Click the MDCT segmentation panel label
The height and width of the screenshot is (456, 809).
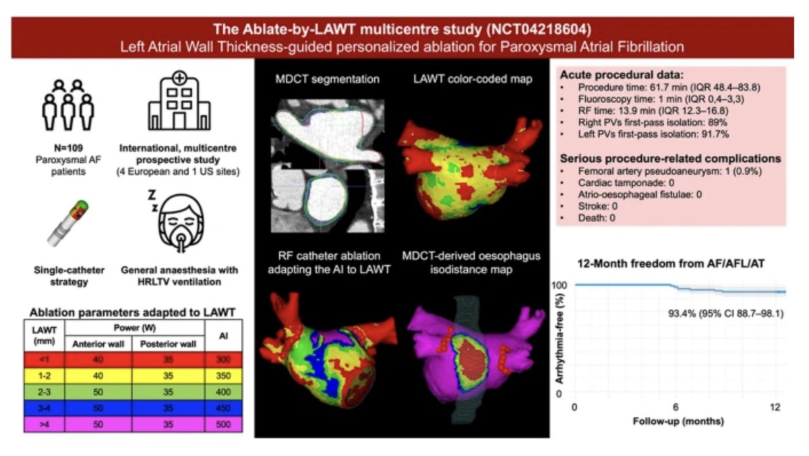[x=327, y=79]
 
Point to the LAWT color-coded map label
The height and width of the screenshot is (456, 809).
[x=472, y=79]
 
